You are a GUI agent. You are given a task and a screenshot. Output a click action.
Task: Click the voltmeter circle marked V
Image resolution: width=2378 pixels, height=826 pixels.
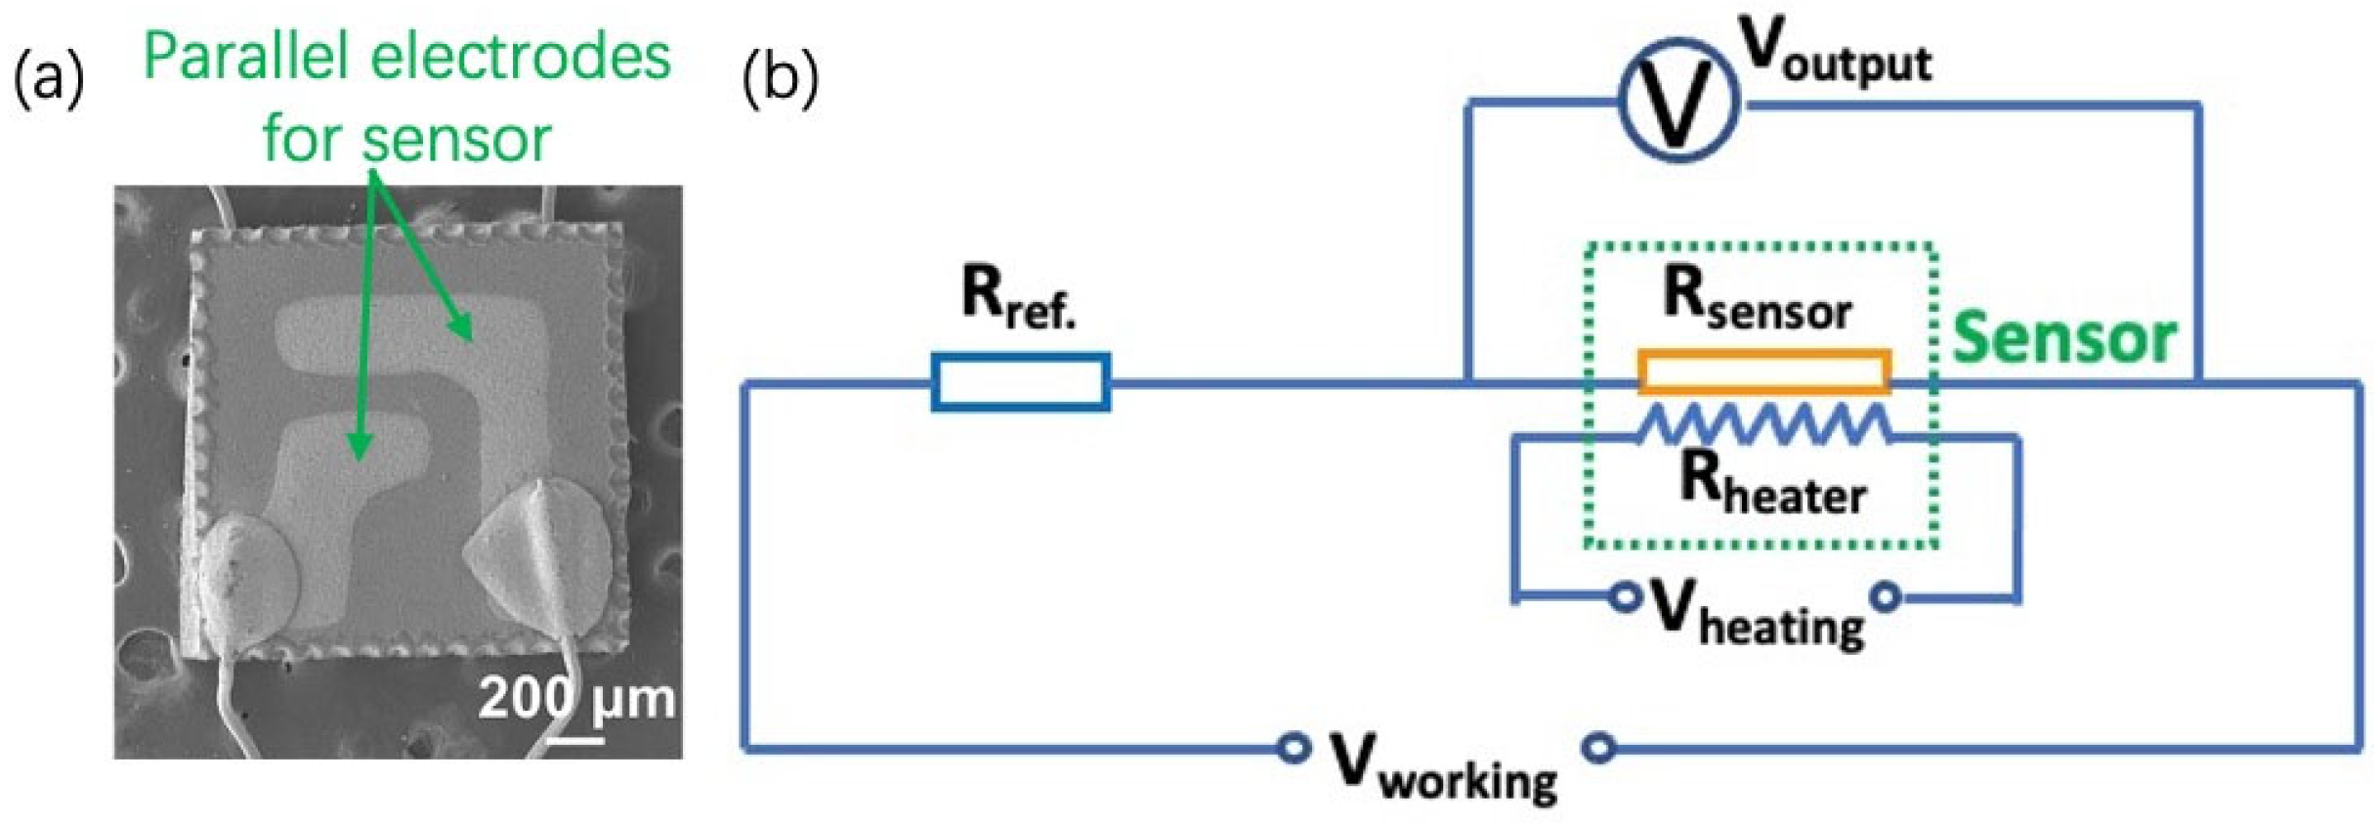[1678, 101]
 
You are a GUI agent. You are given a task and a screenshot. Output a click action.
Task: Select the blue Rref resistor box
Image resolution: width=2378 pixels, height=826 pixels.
[1020, 381]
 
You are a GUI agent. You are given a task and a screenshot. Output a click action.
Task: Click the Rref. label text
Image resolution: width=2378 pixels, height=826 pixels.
[1018, 296]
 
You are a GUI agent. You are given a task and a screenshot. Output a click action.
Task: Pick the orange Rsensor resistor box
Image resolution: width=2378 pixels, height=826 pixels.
[1764, 372]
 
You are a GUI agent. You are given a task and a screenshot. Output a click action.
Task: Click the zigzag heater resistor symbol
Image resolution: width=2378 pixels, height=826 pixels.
[1764, 426]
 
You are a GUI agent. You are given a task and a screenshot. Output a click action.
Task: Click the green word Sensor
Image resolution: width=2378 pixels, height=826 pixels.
[2063, 338]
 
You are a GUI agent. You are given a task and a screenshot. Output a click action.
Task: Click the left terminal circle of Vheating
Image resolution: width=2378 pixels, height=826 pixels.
[1625, 595]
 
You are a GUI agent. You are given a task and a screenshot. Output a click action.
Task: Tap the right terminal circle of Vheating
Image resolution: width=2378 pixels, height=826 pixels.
[1887, 595]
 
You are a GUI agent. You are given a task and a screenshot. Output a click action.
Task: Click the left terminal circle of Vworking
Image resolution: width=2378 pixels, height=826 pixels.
[1294, 748]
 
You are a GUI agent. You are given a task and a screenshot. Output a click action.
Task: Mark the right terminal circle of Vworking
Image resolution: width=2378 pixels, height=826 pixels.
[1598, 748]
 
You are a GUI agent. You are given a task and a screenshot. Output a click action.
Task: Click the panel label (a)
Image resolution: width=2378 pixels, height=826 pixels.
[49, 78]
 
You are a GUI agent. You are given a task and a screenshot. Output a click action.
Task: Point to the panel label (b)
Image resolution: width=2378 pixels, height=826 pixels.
[780, 78]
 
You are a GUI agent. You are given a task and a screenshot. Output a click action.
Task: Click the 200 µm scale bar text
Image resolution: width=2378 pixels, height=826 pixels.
[576, 699]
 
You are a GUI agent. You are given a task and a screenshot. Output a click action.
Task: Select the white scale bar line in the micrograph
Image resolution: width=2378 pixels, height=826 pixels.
[575, 740]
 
